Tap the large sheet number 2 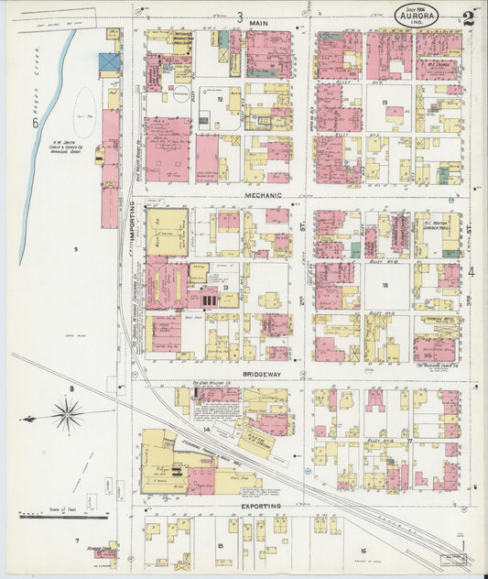pos(468,17)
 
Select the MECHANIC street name pos(267,195)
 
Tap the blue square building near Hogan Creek pos(110,62)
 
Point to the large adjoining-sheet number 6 pos(35,123)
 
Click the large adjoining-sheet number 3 pos(240,16)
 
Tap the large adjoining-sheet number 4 pos(472,271)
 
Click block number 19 pos(385,103)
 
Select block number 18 pos(385,286)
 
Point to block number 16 pos(363,551)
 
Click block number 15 pos(221,546)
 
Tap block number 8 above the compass pos(70,388)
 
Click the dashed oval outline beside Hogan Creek pos(84,112)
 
